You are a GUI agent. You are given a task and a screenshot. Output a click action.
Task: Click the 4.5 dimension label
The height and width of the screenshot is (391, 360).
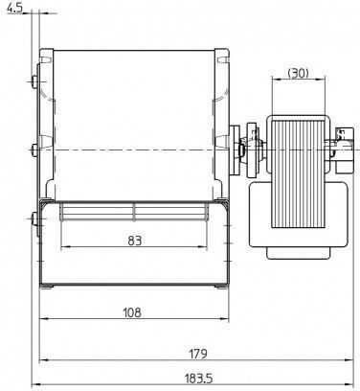[x=15, y=9]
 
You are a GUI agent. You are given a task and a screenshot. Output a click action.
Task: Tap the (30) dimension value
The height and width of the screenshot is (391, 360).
[x=299, y=73]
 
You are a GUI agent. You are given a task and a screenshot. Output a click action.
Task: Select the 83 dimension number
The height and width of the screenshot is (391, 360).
[x=134, y=241]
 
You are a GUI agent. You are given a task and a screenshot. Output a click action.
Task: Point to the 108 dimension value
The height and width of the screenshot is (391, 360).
[x=132, y=312]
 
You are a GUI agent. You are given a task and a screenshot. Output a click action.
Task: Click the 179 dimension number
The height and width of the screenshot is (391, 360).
[x=198, y=354]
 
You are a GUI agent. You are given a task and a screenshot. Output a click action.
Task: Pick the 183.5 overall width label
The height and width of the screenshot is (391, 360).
[x=198, y=379]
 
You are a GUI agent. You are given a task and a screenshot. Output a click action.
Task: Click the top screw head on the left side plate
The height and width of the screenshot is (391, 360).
[x=34, y=82]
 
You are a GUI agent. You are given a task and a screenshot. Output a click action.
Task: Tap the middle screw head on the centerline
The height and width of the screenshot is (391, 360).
[x=34, y=149]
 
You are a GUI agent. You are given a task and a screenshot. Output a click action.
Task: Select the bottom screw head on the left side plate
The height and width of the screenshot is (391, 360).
[x=34, y=218]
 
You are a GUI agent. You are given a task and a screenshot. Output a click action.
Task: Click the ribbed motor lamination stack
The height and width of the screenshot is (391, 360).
[x=299, y=173]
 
